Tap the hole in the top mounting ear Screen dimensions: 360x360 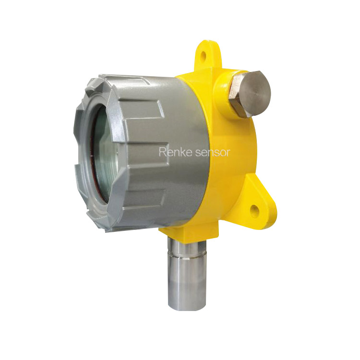[x=203, y=55]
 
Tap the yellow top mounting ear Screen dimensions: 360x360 [x=207, y=56]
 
